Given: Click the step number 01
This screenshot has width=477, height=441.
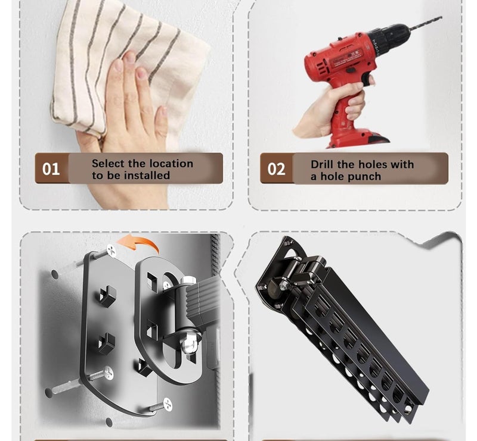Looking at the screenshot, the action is (51, 169).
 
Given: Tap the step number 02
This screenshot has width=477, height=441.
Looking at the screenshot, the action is (276, 169).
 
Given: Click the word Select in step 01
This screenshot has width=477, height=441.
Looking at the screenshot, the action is (107, 164).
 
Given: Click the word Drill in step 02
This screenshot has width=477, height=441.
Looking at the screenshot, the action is (323, 164).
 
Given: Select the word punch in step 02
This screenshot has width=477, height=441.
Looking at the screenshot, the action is (366, 177).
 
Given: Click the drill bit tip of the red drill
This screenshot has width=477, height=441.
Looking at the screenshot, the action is (441, 18).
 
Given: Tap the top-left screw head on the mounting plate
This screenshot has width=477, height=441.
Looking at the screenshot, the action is (111, 251).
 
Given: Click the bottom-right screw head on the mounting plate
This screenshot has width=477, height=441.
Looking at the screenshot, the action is (168, 404).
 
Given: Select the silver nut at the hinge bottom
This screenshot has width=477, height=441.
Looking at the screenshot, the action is (188, 345).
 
